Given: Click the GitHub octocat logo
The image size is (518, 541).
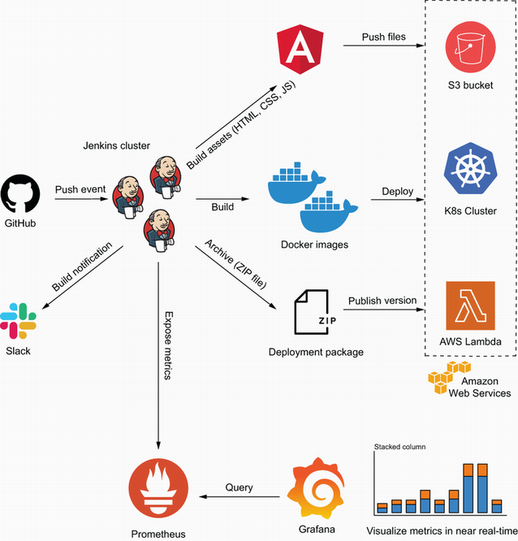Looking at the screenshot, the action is coord(20,193).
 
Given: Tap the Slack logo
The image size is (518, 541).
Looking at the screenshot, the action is coord(19,321).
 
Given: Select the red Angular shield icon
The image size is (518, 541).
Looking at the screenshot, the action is coord(300,49).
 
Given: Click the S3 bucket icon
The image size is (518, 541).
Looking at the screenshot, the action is coord(470,47).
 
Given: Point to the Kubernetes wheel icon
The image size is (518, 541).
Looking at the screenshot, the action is coord(470,168).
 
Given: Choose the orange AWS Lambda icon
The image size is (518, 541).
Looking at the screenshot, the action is coord(470,305).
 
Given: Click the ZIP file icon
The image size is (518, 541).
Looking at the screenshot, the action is coord(315,312).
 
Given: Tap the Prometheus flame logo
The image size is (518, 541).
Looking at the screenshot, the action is coord(158,488).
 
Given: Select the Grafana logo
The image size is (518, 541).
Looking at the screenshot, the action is coord(316,488).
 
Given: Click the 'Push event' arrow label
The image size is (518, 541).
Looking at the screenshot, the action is coord(80,189).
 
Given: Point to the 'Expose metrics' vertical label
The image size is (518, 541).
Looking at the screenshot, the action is coord(168,346).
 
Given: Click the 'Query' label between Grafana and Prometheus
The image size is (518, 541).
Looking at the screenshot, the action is coord(239,487).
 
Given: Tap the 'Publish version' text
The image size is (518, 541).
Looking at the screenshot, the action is coord(382,301).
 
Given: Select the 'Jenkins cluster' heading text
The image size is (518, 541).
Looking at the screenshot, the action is coord(117,145).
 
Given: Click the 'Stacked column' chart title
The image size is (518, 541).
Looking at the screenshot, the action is coord(399,447).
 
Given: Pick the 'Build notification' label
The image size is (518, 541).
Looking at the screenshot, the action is coord(82,266).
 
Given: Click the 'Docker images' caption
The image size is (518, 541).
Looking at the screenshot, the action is coord(314,245).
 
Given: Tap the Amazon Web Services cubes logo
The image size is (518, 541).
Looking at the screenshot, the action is coord(449,377).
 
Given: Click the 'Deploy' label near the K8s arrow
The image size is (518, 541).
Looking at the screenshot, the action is coord(397,192).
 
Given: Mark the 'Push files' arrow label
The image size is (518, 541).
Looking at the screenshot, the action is coord(383,37).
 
